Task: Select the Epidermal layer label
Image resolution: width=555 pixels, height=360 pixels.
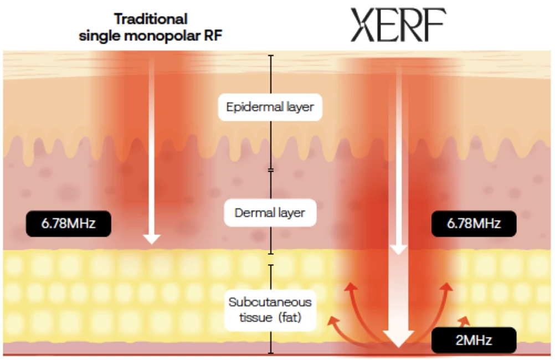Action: tap(270, 106)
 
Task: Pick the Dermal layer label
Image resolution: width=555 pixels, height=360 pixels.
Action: tap(270, 213)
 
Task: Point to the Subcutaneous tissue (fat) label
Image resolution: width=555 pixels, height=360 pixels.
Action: tap(270, 310)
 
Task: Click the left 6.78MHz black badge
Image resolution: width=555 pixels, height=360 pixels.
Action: tap(69, 224)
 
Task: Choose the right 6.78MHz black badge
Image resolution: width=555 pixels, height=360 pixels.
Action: tap(474, 224)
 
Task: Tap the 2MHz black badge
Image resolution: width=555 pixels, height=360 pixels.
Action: tap(474, 340)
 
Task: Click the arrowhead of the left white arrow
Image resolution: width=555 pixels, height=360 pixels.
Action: tap(151, 239)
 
